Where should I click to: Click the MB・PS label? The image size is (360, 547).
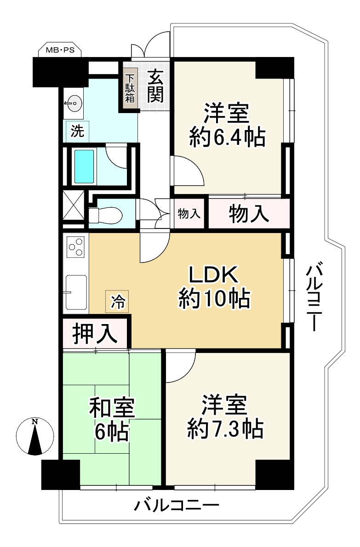click(x=60, y=50)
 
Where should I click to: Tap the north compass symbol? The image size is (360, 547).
click(x=35, y=436)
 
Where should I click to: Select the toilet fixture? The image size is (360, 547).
click(x=105, y=215)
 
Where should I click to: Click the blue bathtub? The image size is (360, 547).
click(x=84, y=166)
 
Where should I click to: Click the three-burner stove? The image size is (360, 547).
click(x=76, y=247)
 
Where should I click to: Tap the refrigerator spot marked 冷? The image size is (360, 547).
click(x=117, y=302)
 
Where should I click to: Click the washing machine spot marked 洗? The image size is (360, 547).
click(x=77, y=131)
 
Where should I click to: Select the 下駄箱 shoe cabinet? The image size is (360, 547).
click(x=130, y=88)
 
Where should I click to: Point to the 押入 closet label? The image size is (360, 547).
click(x=95, y=334)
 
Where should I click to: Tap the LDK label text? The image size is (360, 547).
click(x=213, y=274)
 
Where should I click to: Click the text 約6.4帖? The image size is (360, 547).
click(x=228, y=137)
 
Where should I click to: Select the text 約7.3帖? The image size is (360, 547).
click(x=225, y=428)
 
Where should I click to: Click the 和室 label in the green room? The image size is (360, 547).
click(x=112, y=408)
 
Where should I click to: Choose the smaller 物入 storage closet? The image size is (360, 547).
click(x=189, y=213)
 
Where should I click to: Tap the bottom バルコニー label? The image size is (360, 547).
click(x=177, y=505)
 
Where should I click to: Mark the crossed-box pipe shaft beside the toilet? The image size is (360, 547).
click(x=74, y=206)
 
